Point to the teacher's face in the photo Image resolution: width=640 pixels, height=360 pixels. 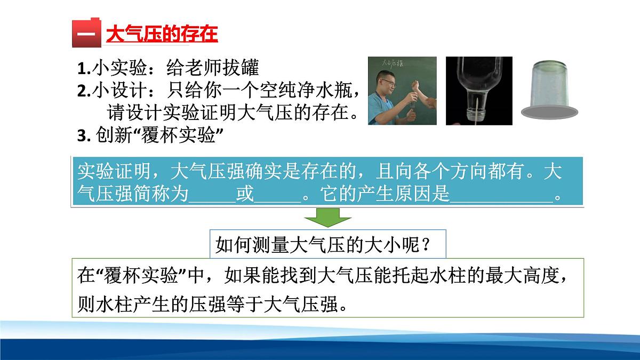pyautogui.click(x=389, y=81)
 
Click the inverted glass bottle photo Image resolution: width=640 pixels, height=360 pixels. pyautogui.click(x=478, y=91)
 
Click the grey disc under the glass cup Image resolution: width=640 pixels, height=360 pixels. pyautogui.click(x=550, y=111)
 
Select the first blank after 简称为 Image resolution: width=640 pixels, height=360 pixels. pyautogui.click(x=212, y=196)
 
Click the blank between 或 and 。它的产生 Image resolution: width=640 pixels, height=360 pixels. pyautogui.click(x=278, y=196)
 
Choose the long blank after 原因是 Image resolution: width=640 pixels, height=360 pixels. pyautogui.click(x=502, y=196)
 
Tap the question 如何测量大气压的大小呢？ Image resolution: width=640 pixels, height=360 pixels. pyautogui.click(x=323, y=245)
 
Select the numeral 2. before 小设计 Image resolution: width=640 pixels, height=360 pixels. pyautogui.click(x=84, y=91)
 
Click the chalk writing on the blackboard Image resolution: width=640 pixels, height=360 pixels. pyautogui.click(x=386, y=63)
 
